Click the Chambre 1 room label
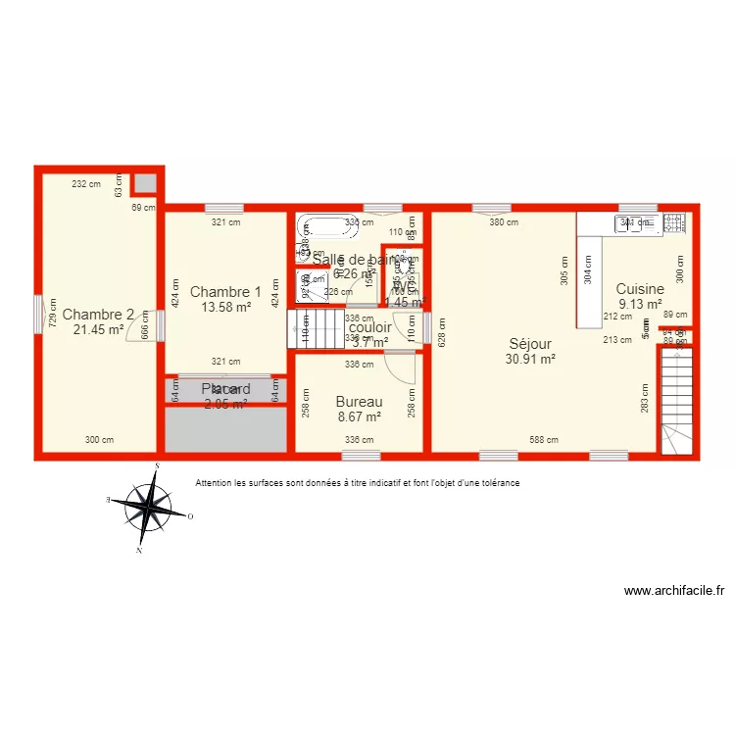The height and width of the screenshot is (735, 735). [x=225, y=291]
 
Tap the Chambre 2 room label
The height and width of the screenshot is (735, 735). [x=98, y=315]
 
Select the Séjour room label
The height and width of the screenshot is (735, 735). [x=530, y=344]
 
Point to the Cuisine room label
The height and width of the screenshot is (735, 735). [x=640, y=289]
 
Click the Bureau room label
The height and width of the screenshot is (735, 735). [x=358, y=402]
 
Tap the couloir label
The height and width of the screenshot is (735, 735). [x=369, y=328]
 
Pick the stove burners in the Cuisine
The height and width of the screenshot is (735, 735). [x=674, y=223]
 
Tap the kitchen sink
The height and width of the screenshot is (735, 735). [x=635, y=223]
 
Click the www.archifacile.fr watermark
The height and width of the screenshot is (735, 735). [x=675, y=591]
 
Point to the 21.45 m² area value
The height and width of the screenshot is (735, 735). [x=98, y=330]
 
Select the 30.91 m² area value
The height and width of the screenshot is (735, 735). [x=530, y=360]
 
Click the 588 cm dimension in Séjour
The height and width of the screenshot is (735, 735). [x=543, y=440]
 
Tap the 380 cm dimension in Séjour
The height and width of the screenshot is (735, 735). [x=504, y=221]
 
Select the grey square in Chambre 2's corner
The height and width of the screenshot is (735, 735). [x=145, y=183]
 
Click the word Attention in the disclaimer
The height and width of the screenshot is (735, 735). [x=216, y=483]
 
